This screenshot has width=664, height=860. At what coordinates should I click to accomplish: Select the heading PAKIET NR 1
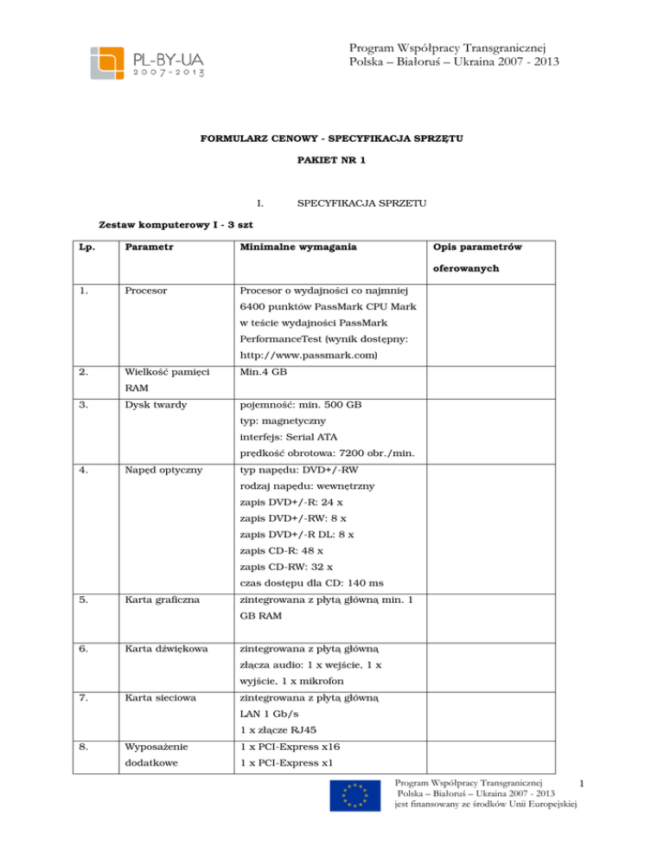(x=331, y=161)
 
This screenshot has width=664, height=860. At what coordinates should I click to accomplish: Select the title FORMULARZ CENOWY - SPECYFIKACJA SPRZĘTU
(x=331, y=137)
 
